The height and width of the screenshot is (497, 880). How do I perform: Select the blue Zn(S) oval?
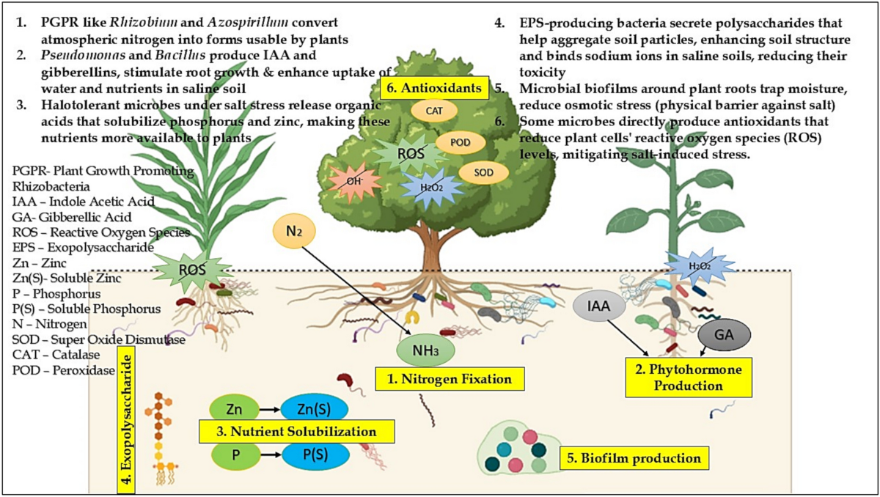point(313,408)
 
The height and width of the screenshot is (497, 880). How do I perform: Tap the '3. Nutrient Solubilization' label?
point(297,431)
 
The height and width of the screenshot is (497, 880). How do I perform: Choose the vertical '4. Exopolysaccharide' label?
point(129,422)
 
